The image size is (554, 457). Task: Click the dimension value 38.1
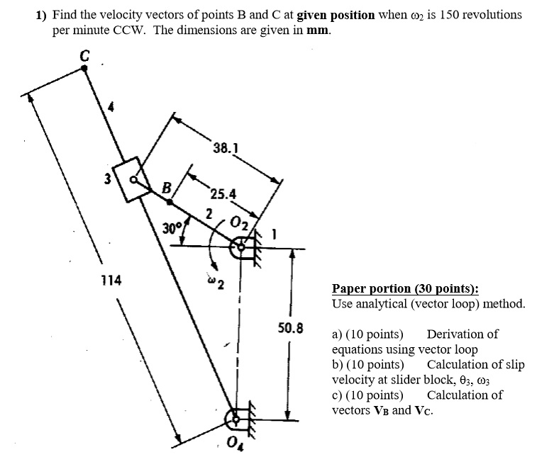(x=225, y=149)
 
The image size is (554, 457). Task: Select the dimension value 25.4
(x=223, y=193)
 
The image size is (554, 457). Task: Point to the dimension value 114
(x=111, y=281)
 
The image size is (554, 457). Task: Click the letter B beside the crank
(x=167, y=188)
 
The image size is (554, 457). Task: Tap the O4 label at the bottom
(x=235, y=444)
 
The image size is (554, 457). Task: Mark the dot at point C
(x=84, y=68)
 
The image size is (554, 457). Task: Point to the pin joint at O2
(x=242, y=247)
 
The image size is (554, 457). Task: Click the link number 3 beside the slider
(x=108, y=179)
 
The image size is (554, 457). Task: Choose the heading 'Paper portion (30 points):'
(x=404, y=288)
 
